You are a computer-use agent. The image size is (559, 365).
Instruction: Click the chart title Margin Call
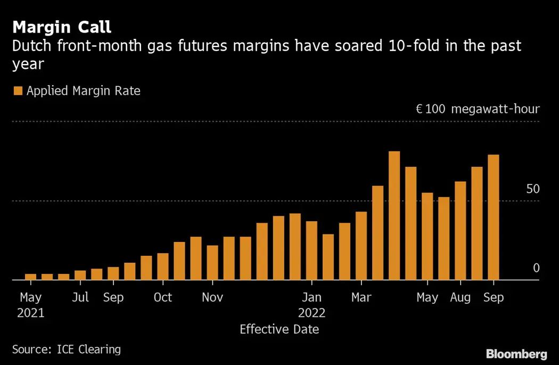[62, 27]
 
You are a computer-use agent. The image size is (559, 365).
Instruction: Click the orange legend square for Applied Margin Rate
[18, 91]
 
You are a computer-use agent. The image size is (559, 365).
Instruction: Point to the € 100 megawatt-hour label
[478, 109]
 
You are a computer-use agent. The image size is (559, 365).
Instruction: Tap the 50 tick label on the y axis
[532, 189]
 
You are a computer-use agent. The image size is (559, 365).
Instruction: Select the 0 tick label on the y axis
[536, 268]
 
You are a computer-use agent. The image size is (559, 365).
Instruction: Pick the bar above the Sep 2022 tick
[494, 217]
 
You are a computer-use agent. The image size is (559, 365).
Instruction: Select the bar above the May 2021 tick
[31, 277]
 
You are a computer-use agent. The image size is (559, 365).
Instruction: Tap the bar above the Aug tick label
[461, 230]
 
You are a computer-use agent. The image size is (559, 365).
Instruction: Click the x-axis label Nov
[212, 297]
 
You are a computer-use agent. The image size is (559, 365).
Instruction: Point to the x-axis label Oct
[163, 297]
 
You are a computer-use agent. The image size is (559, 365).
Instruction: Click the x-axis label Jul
[80, 297]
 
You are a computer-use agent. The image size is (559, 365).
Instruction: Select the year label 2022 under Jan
[311, 313]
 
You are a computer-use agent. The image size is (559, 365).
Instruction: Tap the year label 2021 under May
[31, 313]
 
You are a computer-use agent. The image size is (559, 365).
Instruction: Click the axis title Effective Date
[279, 329]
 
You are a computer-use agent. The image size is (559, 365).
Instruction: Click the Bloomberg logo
[516, 353]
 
